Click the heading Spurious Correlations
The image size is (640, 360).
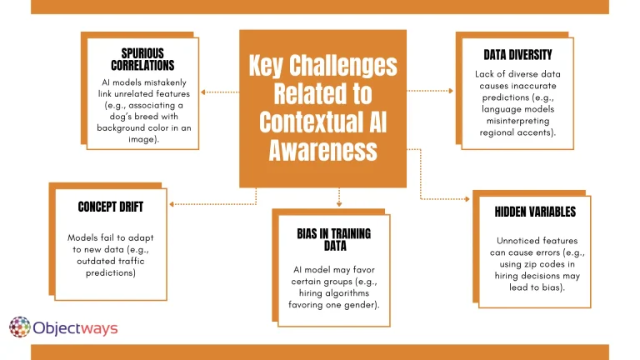pyautogui.click(x=142, y=59)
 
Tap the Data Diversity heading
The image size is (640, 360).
pyautogui.click(x=517, y=55)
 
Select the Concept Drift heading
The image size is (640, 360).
pyautogui.click(x=107, y=207)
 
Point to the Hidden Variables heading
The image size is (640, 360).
pyautogui.click(x=534, y=212)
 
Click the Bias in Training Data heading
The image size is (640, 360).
pyautogui.click(x=332, y=240)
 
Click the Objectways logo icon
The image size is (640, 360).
pyautogui.click(x=20, y=327)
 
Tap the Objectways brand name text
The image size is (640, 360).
pyautogui.click(x=76, y=327)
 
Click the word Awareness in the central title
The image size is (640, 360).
pyautogui.click(x=323, y=150)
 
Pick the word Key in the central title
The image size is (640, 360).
pyautogui.click(x=272, y=67)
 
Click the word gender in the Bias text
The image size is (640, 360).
pyautogui.click(x=358, y=305)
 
